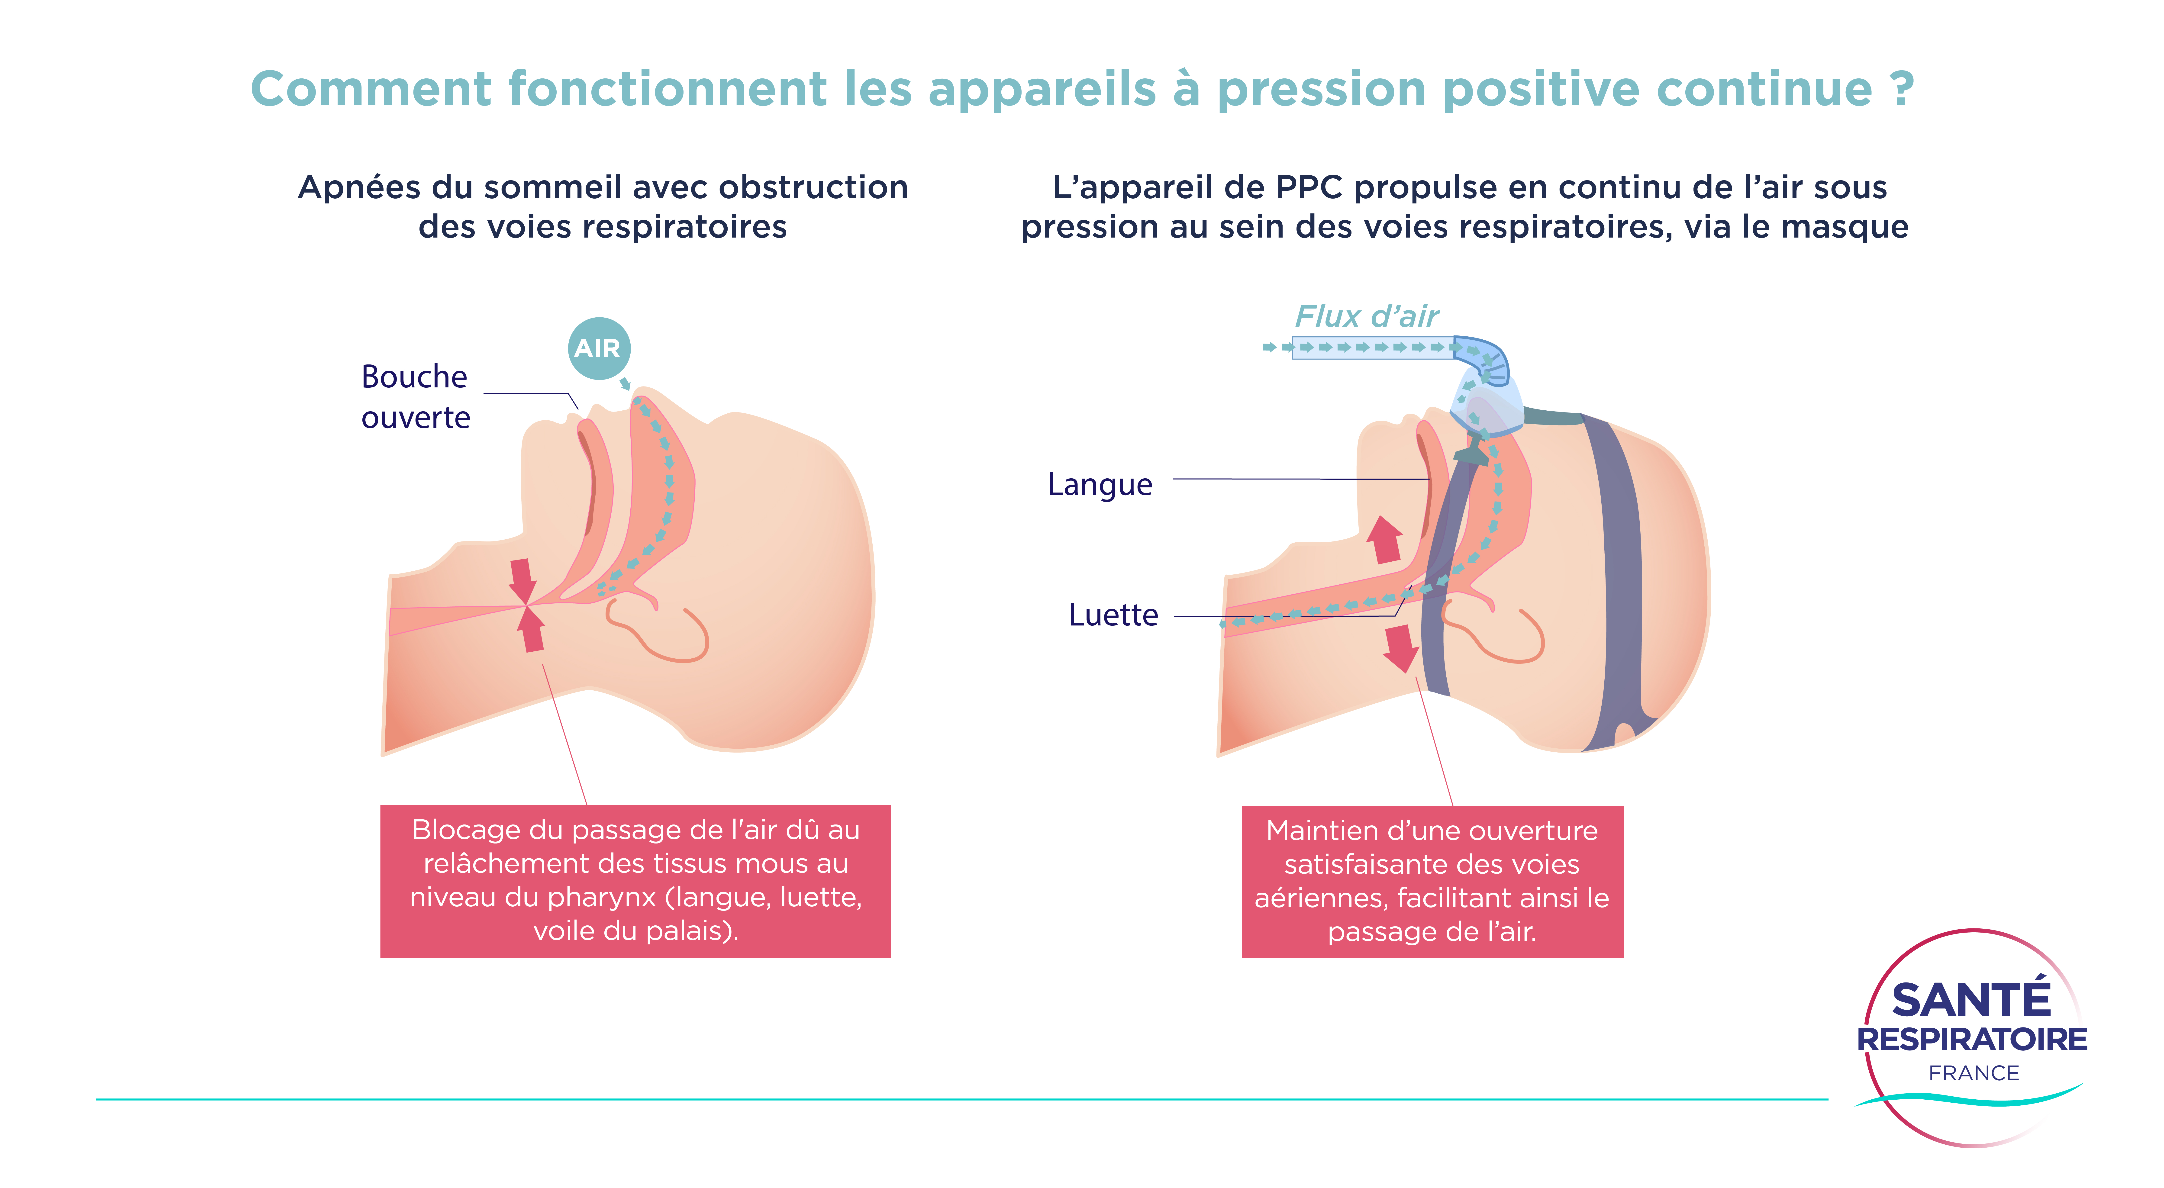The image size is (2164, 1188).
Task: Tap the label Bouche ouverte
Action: coord(415,396)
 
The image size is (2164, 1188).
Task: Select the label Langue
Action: coord(1100,485)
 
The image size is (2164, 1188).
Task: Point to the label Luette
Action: coord(1113,615)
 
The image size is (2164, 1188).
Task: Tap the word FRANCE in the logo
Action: coord(1973,1073)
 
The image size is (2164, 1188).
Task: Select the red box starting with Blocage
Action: coord(635,880)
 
